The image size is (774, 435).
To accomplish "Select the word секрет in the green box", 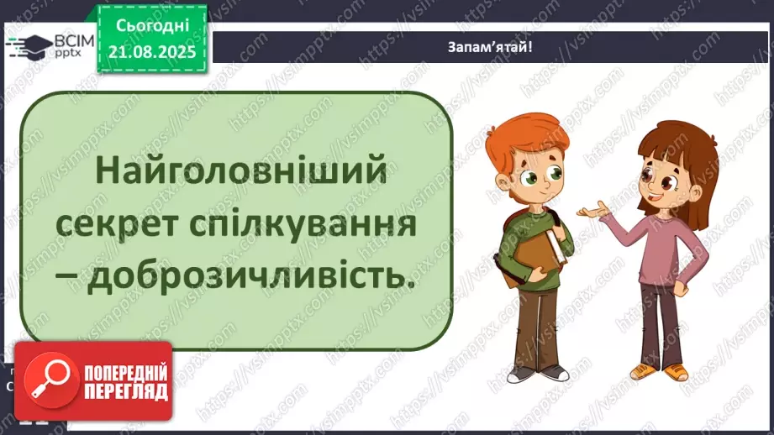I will (141, 224).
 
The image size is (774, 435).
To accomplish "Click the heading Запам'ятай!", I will (491, 47).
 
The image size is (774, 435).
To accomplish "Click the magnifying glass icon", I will (48, 380).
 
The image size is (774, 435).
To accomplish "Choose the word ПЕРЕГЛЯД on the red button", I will (125, 391).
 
